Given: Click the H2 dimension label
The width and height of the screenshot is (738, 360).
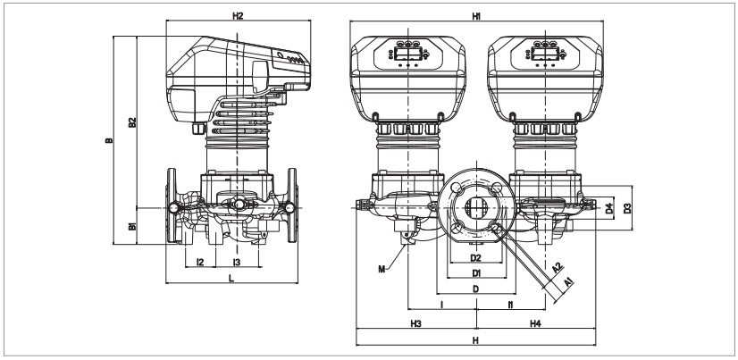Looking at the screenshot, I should pos(237,16).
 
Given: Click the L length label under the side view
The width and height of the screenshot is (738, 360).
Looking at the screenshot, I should pos(232,280).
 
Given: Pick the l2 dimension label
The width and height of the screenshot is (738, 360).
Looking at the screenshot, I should pos(200,263).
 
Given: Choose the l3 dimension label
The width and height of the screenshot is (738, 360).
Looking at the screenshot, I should pos(236,263).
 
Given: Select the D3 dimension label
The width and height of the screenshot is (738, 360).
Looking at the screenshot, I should pos(628,208).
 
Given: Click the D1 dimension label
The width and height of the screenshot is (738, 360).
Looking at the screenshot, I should pos(476,272).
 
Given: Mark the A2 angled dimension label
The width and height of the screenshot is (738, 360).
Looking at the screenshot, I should pos(556,267).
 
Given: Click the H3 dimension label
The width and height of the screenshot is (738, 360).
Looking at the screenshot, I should pos(416,322).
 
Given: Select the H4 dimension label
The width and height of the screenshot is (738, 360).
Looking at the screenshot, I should pos(536,322).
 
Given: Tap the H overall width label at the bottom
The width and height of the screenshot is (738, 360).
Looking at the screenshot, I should pos(476,340).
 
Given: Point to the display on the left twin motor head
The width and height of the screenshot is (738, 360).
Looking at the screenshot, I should pos(406,53).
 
